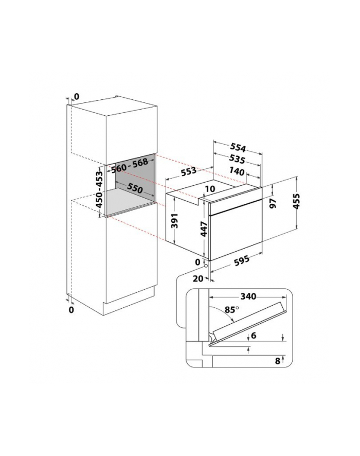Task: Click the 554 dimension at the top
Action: [x=238, y=148]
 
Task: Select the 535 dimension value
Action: [x=237, y=159]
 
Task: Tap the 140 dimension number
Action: [x=237, y=171]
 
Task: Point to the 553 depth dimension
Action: [x=189, y=171]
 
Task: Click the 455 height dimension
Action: [x=296, y=201]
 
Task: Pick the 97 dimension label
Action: [x=273, y=204]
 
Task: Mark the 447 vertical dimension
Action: [x=204, y=229]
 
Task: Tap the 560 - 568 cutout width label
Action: [x=130, y=166]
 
